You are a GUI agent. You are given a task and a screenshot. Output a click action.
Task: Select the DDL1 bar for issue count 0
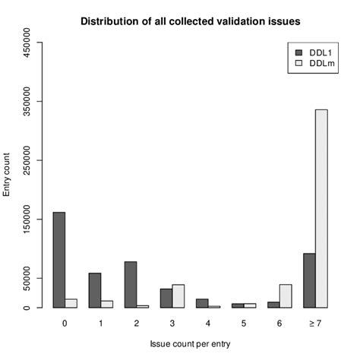(59, 260)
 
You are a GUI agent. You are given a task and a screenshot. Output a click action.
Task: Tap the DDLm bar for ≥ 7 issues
(321, 208)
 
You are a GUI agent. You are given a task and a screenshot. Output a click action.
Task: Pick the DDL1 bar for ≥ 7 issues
(309, 280)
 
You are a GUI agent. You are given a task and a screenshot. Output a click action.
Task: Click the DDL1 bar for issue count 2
(131, 284)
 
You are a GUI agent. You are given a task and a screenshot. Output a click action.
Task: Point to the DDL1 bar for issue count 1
(95, 290)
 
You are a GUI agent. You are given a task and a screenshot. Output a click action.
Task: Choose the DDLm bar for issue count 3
(178, 295)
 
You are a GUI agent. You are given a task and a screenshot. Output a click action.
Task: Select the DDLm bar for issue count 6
(286, 295)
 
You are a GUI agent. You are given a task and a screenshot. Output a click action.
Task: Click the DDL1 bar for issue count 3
(166, 298)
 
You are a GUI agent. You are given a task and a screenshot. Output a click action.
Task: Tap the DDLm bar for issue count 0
(71, 303)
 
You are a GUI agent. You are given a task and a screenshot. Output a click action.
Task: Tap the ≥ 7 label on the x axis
(315, 323)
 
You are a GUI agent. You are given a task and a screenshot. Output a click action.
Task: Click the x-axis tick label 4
(208, 323)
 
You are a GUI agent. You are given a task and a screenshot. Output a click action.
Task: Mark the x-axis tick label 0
(65, 323)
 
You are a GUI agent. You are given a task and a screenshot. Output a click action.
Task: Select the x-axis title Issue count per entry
(190, 344)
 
